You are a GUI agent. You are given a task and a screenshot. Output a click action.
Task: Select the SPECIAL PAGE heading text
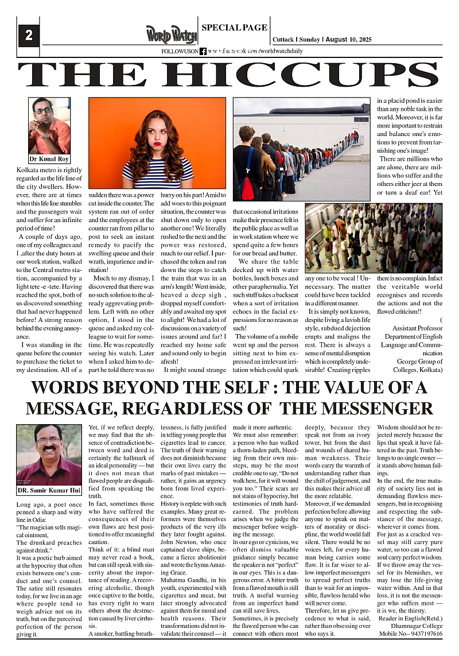tap(234, 28)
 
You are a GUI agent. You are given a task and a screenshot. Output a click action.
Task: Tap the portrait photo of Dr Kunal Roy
tap(49, 126)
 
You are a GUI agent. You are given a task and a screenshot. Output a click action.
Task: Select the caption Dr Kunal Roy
tap(49, 159)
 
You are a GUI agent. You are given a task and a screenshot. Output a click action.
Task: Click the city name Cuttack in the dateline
tap(283, 40)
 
